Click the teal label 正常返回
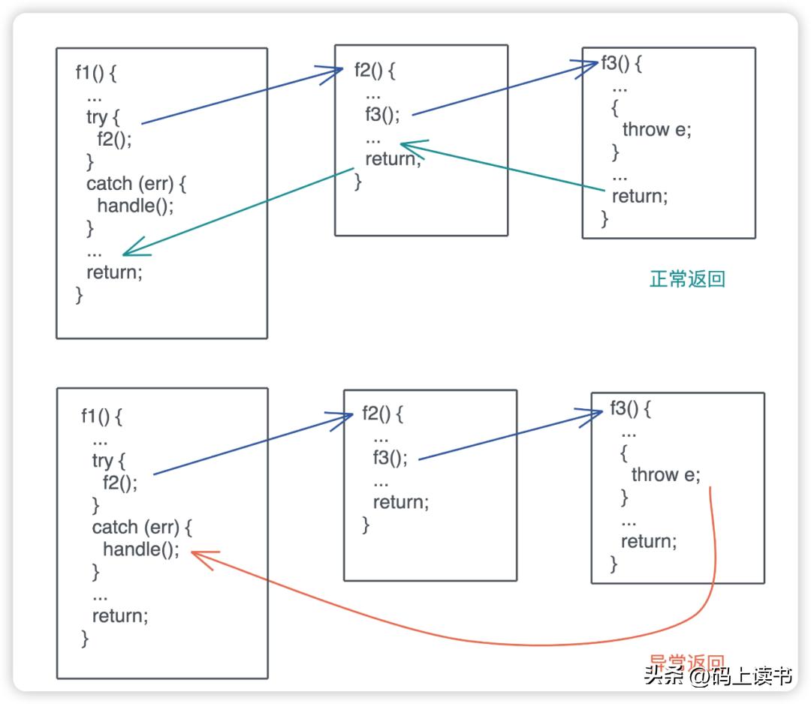[687, 279]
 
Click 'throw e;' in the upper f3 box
[656, 130]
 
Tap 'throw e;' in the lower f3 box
[665, 474]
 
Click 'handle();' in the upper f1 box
[135, 206]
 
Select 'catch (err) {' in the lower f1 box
[142, 527]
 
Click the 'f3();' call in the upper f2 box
[382, 115]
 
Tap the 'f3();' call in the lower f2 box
[390, 458]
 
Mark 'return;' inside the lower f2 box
[400, 502]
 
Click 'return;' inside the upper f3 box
[639, 197]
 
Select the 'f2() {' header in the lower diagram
[383, 414]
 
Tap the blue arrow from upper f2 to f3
[503, 92]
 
